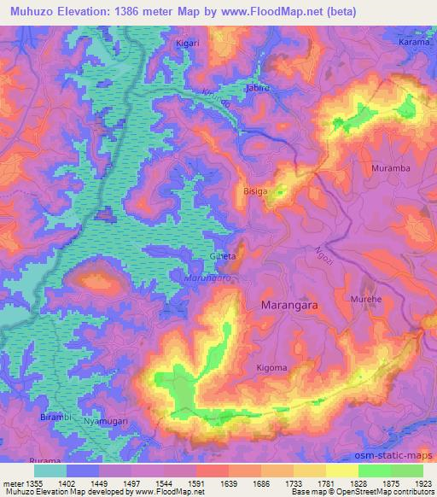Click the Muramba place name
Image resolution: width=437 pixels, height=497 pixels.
(391, 168)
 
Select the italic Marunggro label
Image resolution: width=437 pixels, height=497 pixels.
(210, 278)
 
